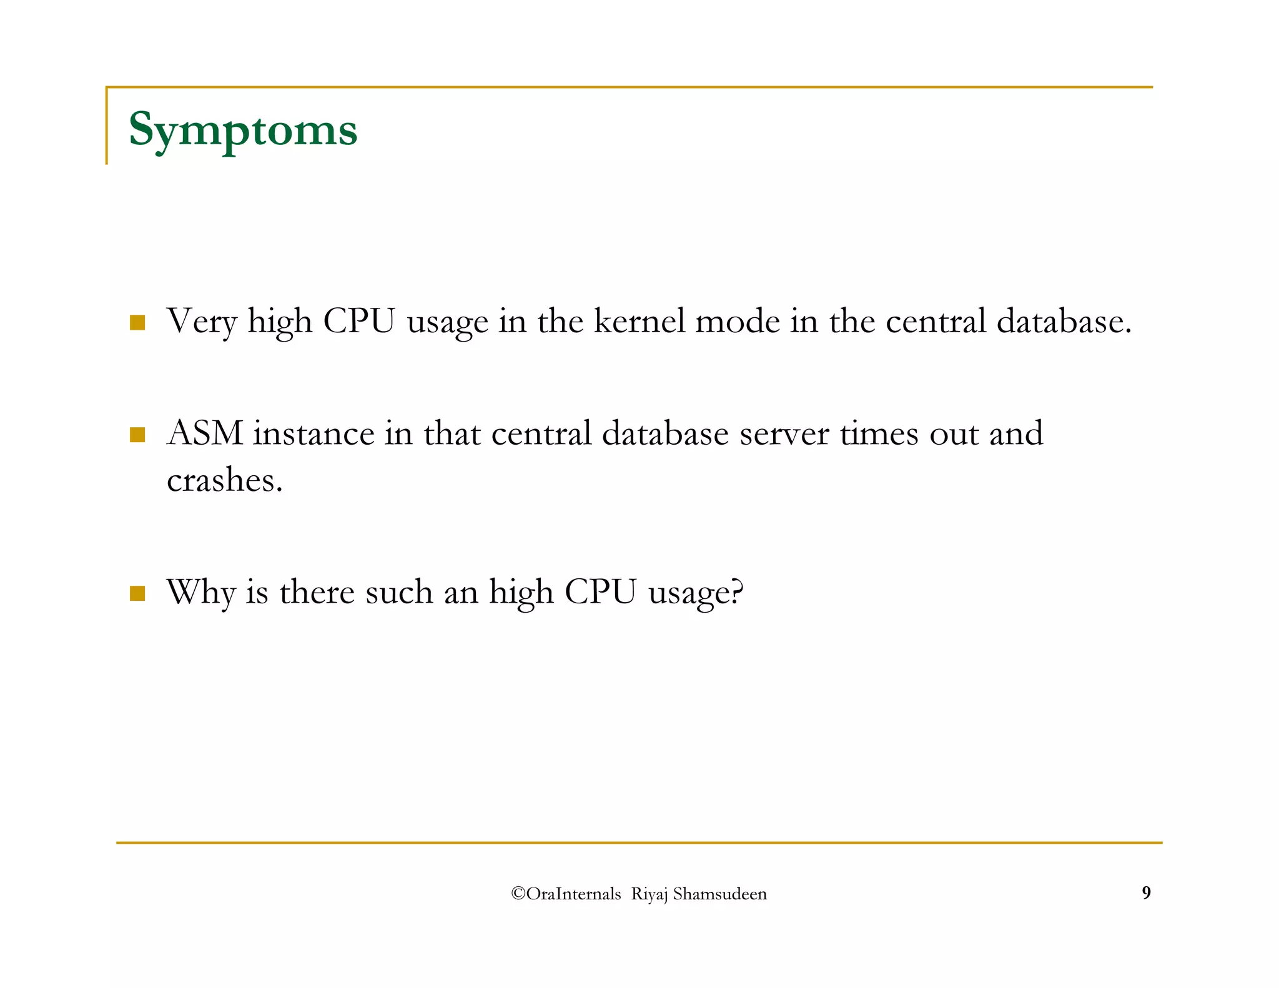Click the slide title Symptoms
(x=243, y=130)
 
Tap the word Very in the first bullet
(x=202, y=322)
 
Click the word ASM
(x=205, y=433)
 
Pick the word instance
(x=313, y=433)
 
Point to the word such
(x=398, y=592)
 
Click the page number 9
(x=1146, y=892)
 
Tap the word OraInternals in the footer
(x=573, y=894)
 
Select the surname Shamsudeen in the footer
(x=719, y=894)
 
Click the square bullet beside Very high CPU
(x=137, y=323)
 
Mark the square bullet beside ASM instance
(x=137, y=435)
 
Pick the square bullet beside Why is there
(x=137, y=593)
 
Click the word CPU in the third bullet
(x=600, y=592)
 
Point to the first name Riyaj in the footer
(x=649, y=894)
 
